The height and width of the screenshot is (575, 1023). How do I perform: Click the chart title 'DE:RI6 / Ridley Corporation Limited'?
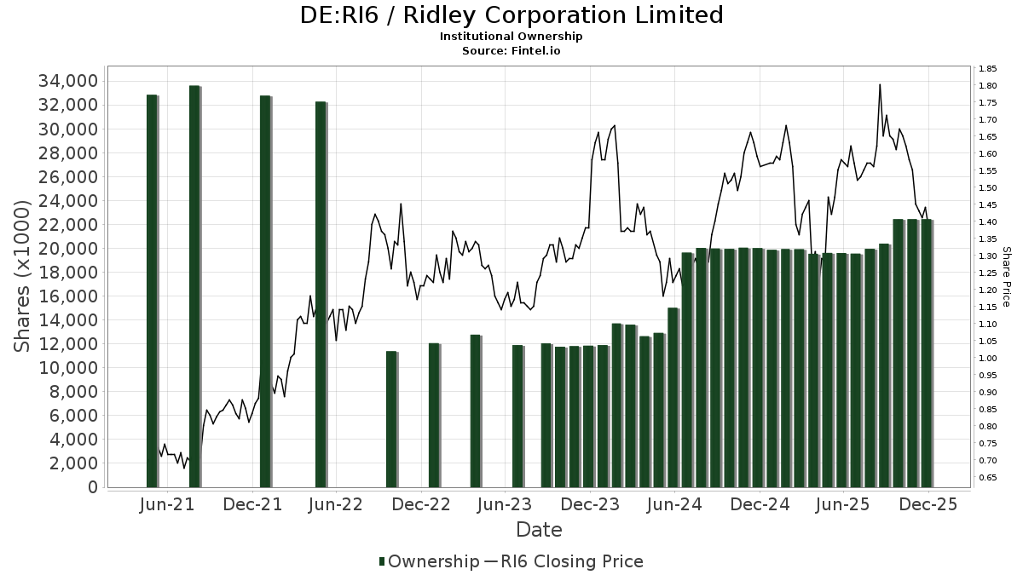pyautogui.click(x=511, y=15)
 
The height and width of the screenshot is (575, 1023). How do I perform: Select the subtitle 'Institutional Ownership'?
pyautogui.click(x=511, y=37)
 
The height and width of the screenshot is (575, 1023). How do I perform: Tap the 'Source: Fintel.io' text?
pyautogui.click(x=511, y=50)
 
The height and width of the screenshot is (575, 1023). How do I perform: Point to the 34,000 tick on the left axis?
pyautogui.click(x=66, y=81)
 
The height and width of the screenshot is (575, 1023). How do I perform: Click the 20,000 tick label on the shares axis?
pyautogui.click(x=66, y=249)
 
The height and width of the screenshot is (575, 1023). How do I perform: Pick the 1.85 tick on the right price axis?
pyautogui.click(x=988, y=69)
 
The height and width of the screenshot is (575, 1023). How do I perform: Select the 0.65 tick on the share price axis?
pyautogui.click(x=988, y=478)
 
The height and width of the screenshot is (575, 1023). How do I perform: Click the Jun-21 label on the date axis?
pyautogui.click(x=166, y=504)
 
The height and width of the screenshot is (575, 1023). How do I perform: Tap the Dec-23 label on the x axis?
pyautogui.click(x=590, y=504)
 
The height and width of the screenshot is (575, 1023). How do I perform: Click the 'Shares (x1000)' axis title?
pyautogui.click(x=24, y=277)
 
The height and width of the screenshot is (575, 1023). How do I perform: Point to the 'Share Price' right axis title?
pyautogui.click(x=1006, y=277)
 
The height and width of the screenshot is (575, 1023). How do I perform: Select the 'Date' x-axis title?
pyautogui.click(x=539, y=530)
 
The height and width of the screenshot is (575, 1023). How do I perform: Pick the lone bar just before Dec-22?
pyautogui.click(x=391, y=419)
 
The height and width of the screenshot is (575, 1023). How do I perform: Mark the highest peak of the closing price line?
pyautogui.click(x=880, y=84)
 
